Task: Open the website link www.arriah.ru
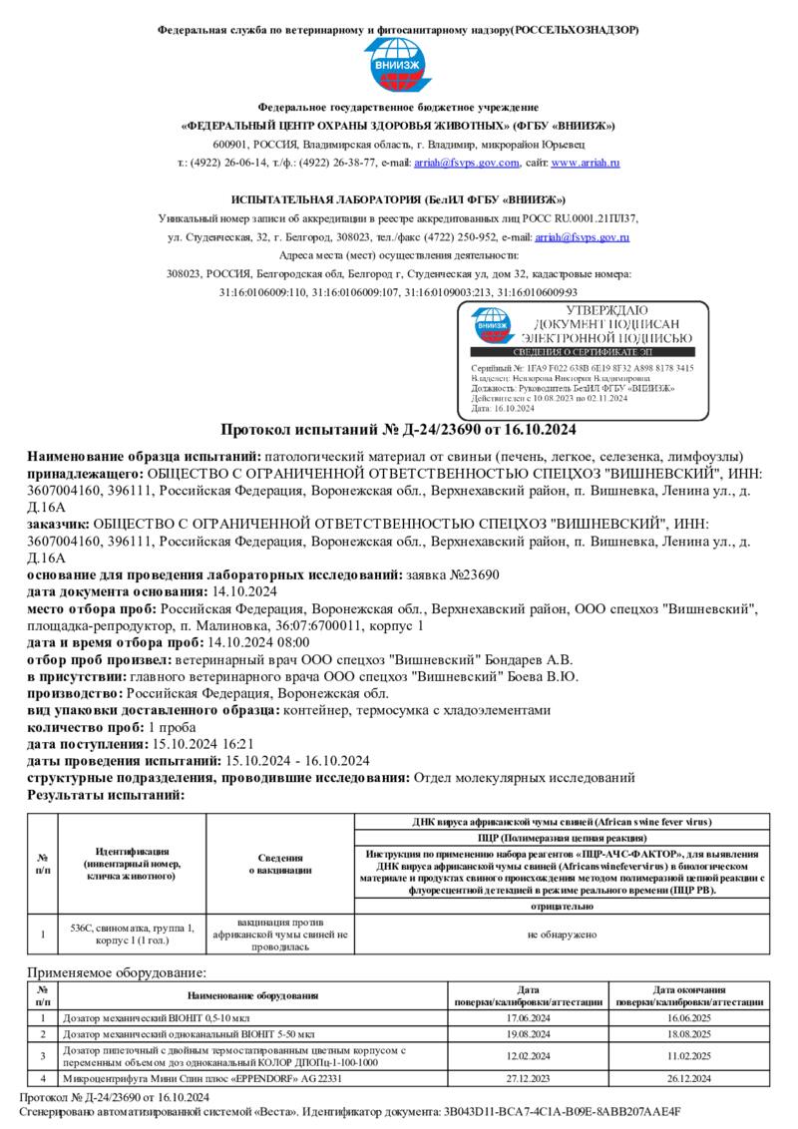pos(587,163)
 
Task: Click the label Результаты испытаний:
pos(106,795)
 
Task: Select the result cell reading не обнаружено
pos(562,935)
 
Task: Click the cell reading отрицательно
pos(562,907)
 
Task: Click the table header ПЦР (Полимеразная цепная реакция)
pos(562,837)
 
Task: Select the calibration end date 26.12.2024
pos(688,1078)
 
